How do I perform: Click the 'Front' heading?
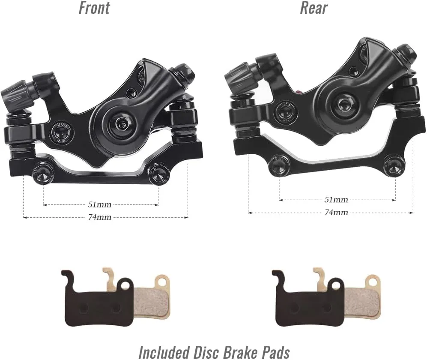click(94, 8)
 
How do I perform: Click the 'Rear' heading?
click(314, 8)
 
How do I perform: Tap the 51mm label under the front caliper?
click(100, 204)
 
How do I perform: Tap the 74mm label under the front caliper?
click(100, 217)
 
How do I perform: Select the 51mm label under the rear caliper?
click(336, 200)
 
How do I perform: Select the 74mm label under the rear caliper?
click(336, 212)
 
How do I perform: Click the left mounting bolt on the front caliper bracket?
click(43, 174)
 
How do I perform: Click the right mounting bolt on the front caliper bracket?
click(158, 174)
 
